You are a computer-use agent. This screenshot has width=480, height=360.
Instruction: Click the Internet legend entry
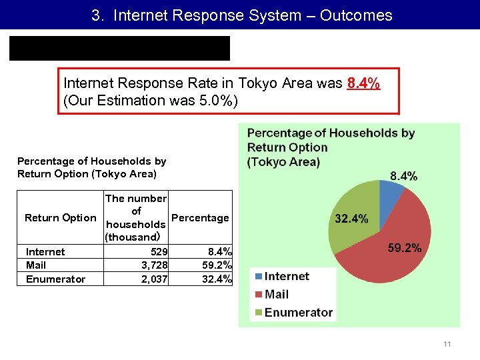286,276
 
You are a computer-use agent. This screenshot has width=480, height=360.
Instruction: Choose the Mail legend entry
276,294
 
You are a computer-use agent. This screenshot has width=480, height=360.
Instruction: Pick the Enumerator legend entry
297,312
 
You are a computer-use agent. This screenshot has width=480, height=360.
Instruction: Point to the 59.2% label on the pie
404,248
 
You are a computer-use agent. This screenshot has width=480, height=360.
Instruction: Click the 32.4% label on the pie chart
351,218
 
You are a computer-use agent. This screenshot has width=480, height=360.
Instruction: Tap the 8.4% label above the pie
403,176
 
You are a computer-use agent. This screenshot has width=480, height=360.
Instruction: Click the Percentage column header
200,218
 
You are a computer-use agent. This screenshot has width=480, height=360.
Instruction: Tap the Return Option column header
60,218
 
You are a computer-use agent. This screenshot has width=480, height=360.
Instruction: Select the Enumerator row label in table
55,279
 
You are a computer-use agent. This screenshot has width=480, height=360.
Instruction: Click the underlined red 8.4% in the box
363,83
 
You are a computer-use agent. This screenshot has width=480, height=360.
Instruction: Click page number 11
447,344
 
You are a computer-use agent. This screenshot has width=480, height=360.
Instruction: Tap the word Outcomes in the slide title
356,15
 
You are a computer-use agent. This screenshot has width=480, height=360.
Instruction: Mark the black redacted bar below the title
119,49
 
